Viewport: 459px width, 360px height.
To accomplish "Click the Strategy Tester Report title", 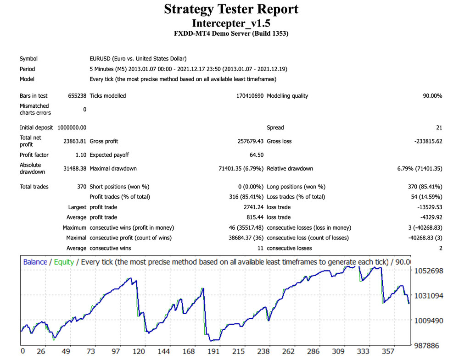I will point(231,9).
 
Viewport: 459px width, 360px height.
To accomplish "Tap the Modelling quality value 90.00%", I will point(432,96).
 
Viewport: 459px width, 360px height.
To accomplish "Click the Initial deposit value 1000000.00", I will point(72,127).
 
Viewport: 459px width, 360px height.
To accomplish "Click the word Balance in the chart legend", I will point(35,262).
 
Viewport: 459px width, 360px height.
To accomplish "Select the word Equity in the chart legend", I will point(64,262).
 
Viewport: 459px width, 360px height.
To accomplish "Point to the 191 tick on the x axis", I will point(213,351).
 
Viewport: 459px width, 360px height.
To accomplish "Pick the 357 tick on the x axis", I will point(388,351).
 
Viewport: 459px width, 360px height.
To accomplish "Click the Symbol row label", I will point(28,59).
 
